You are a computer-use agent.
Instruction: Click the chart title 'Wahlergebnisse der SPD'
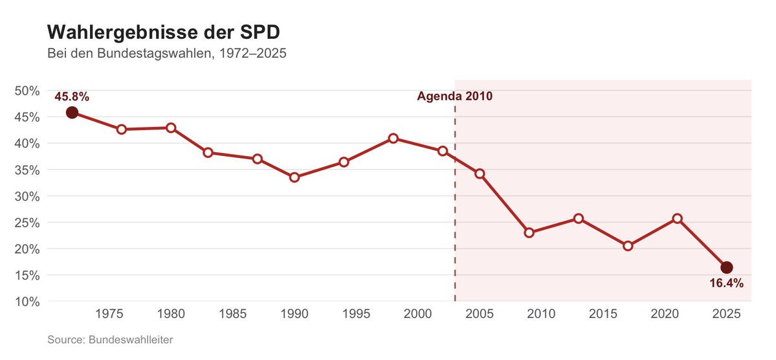164,32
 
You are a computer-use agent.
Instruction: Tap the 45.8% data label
72,96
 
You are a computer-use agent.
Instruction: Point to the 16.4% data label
726,283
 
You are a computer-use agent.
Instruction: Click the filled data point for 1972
72,113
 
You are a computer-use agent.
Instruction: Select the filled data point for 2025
726,267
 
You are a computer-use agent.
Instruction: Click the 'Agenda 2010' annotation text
454,96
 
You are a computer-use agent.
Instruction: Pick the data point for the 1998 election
393,139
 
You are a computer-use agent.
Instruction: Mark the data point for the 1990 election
294,177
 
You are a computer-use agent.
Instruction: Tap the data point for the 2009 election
529,232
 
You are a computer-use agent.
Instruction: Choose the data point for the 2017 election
628,246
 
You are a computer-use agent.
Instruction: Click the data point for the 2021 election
677,218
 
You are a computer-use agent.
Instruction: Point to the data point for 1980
171,128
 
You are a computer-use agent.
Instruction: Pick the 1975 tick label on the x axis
109,315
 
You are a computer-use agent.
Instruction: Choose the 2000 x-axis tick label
417,315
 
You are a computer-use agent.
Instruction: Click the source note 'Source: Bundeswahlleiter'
110,339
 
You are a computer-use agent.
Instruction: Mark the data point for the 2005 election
480,174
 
